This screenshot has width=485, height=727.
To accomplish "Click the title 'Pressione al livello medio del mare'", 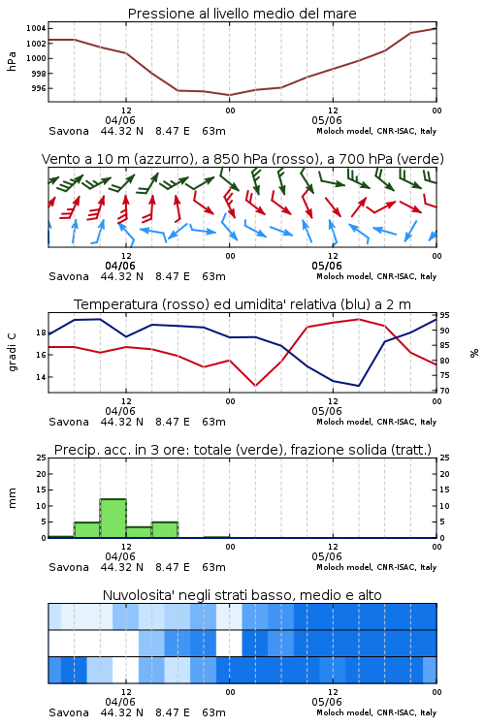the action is coord(242,14).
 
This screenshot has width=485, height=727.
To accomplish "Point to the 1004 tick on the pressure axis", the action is coord(36,29).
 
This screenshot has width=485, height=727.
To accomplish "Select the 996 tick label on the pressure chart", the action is coord(39,88).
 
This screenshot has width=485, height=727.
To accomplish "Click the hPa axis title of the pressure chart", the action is coord(12,61).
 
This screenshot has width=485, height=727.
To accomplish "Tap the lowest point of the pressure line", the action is coord(229,95).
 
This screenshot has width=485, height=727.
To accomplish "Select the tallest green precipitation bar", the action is coord(113,519).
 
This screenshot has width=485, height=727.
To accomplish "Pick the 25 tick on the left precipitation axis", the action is coord(42,458).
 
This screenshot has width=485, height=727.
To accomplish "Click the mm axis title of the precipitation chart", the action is coord(12,498).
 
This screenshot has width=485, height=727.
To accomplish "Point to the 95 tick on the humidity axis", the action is coord(444,315).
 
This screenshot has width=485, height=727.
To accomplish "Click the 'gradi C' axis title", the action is coord(12,352).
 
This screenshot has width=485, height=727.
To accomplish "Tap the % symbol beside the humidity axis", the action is coord(474,353).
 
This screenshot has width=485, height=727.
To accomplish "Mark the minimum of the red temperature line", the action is coord(255,386).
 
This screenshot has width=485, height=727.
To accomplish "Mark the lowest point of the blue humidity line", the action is coord(358,386).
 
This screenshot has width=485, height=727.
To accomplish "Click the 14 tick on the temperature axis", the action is coord(42,377).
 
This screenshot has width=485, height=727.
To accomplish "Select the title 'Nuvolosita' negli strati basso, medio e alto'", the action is coord(242,595).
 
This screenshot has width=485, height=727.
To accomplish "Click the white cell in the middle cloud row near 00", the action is coord(229,643).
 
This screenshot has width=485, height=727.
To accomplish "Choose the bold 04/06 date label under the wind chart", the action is coord(120,266).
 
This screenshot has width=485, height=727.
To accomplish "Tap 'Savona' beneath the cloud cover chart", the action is coord(69,712).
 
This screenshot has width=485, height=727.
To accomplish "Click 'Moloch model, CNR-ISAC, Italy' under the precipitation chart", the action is coord(376,567).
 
